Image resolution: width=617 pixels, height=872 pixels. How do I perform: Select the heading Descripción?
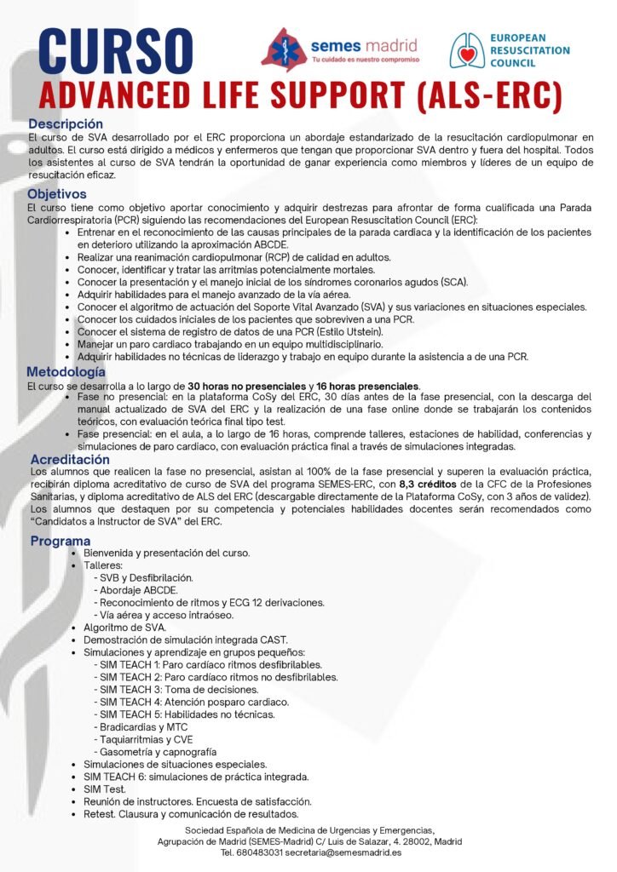(65, 124)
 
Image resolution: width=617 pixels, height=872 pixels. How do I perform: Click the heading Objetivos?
(57, 194)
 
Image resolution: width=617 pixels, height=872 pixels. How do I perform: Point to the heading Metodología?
(66, 372)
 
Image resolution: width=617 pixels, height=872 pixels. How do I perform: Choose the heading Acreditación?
(70, 459)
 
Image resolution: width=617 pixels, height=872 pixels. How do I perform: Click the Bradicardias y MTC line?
(141, 726)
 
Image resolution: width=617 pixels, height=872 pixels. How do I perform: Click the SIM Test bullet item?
(105, 789)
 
